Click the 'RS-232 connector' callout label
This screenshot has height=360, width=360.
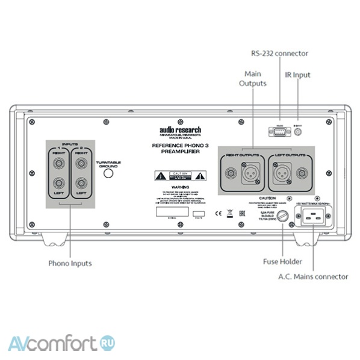click(x=279, y=54)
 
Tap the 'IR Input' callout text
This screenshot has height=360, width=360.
click(x=297, y=75)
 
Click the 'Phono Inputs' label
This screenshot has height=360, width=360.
click(x=70, y=264)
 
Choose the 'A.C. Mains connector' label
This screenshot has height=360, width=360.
click(x=313, y=276)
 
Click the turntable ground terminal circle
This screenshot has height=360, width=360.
click(x=108, y=174)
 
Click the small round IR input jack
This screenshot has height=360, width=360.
click(x=297, y=131)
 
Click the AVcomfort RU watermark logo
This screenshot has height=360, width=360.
click(x=61, y=344)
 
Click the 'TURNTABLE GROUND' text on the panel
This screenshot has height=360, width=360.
click(x=108, y=163)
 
